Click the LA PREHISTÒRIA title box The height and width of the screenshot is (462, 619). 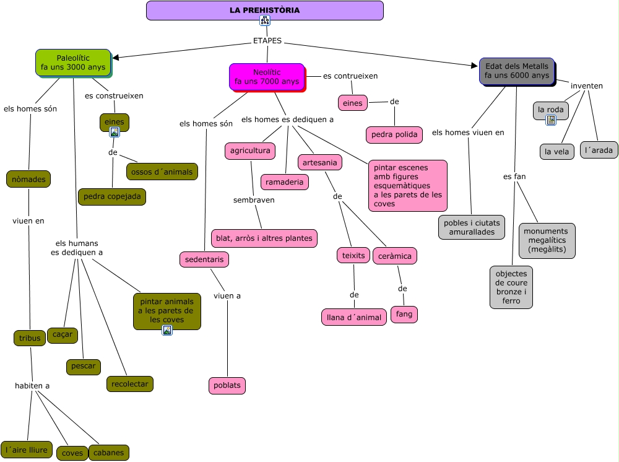coord(264,10)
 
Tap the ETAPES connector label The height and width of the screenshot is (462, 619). coord(267,41)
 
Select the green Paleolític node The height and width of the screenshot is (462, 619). coord(73,63)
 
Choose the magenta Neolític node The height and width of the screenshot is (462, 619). coord(267,77)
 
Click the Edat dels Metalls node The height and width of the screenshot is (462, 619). coord(516,71)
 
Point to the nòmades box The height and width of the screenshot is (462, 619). coord(28,180)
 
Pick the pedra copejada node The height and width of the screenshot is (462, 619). coord(112,197)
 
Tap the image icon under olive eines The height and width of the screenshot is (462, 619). coord(115,132)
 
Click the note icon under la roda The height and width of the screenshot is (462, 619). coord(551,120)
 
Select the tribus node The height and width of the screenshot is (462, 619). coord(30,338)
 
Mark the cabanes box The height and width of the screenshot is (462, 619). coord(109,453)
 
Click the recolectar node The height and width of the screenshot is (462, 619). coord(130,384)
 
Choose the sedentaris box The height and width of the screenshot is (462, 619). coord(204,259)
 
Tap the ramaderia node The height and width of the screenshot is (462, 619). coord(285,182)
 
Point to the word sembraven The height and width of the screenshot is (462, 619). coord(254,200)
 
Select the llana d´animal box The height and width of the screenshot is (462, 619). coord(354,318)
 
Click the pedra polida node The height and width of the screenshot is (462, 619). coord(394,134)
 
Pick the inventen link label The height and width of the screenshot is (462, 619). coord(586,85)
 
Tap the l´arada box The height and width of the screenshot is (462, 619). coord(599,150)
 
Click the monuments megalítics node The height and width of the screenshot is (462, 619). coord(547,240)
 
